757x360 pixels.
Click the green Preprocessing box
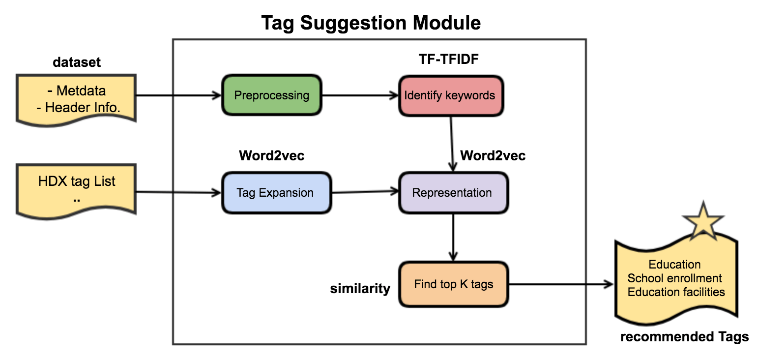[x=271, y=95]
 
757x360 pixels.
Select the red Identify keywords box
[x=450, y=95]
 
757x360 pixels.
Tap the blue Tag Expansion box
[x=275, y=193]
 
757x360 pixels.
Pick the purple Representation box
[x=452, y=193]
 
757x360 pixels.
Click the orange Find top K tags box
[x=453, y=284]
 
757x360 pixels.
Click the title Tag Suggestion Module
[x=371, y=22]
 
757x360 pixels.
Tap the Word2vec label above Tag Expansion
[x=271, y=156]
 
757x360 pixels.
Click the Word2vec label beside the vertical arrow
[x=493, y=156]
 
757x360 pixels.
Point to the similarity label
[x=360, y=289]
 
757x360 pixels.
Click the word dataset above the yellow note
[x=76, y=62]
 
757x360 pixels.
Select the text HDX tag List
[x=77, y=181]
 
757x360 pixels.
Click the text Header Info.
[x=79, y=108]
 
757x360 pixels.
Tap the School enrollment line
[x=674, y=278]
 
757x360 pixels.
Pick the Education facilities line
[x=676, y=292]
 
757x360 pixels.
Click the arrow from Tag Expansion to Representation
[x=365, y=192]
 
